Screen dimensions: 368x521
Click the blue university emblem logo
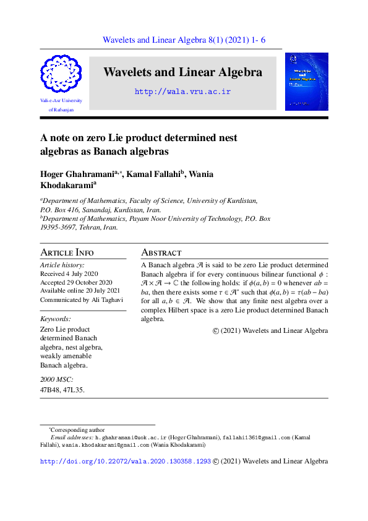(x=60, y=74)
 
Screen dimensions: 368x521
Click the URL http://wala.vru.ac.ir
(x=182, y=92)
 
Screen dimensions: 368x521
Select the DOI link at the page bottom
(x=126, y=462)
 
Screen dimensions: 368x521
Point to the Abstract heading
(x=161, y=252)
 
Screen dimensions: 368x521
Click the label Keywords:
(x=55, y=319)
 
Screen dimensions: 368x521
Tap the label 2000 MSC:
(x=56, y=379)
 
